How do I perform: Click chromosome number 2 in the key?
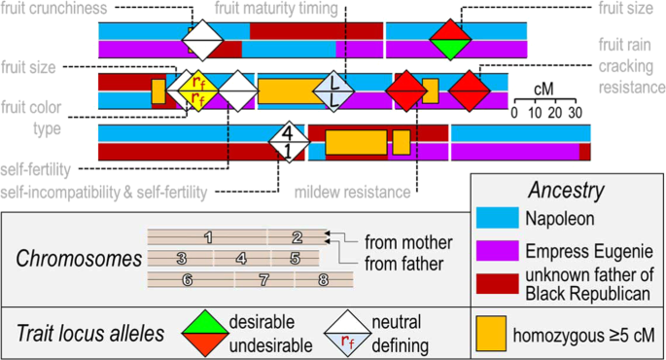[297, 236]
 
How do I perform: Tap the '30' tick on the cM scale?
[575, 112]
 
